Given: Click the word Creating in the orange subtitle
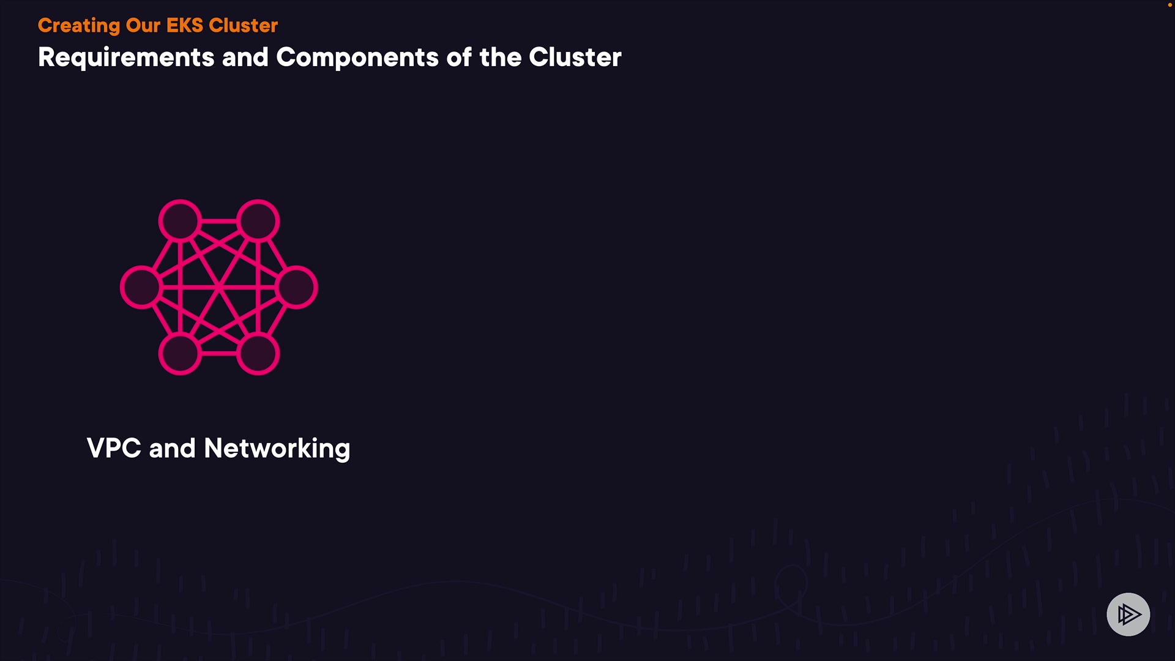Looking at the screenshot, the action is (x=79, y=26).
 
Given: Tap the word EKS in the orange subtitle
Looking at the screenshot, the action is (x=185, y=26).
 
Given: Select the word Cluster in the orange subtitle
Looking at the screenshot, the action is (x=243, y=26).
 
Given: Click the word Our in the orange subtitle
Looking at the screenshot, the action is (x=143, y=26).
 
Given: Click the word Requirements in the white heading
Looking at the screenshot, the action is (x=126, y=58).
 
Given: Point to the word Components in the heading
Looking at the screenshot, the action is (x=357, y=58).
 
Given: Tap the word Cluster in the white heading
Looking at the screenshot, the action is (x=575, y=58).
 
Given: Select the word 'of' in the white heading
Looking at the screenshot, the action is (x=459, y=58).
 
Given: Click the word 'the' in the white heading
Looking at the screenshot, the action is (x=500, y=58).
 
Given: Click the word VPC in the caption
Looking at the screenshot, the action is (x=114, y=448).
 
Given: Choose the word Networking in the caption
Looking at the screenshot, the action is (x=277, y=449).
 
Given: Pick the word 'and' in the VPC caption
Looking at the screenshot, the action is (x=172, y=448).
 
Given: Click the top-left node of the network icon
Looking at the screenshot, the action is (x=180, y=220).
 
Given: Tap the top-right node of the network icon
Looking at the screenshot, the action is (x=258, y=220).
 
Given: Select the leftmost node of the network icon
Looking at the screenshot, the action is (x=141, y=287).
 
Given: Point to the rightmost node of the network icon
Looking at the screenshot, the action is (x=297, y=287).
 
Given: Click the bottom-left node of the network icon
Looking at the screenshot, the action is (x=180, y=354).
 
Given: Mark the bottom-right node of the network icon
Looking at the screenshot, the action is (x=258, y=354).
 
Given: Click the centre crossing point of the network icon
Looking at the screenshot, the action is (x=218, y=287).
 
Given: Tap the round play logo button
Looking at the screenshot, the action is (x=1128, y=614).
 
